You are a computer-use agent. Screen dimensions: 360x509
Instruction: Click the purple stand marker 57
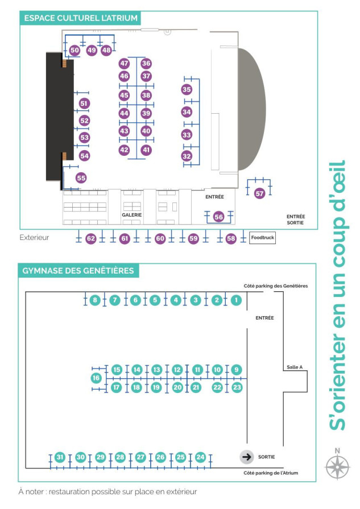(x=259, y=193)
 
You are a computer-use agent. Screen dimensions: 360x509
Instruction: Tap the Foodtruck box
(x=262, y=238)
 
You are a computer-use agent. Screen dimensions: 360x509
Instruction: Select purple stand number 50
(x=75, y=50)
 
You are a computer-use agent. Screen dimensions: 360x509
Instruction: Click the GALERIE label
(x=132, y=215)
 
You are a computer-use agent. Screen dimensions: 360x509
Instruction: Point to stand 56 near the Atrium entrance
(x=219, y=217)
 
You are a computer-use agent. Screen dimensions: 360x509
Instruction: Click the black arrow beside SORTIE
(x=247, y=457)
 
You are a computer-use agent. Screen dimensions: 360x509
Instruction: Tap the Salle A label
(x=295, y=367)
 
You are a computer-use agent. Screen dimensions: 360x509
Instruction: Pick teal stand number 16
(x=96, y=378)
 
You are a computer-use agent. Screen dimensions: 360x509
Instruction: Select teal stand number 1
(x=236, y=300)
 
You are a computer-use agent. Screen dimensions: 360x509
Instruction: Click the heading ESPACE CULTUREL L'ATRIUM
(x=81, y=18)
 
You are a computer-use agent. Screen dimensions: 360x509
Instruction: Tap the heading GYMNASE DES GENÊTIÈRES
(x=78, y=270)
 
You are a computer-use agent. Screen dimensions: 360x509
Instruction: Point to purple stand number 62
(x=91, y=239)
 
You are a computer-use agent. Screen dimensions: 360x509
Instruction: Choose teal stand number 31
(x=60, y=457)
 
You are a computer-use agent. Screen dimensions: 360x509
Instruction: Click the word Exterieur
(x=34, y=237)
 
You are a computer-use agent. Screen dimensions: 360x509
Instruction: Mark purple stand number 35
(x=187, y=90)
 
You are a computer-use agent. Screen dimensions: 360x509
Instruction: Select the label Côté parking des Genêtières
(x=276, y=285)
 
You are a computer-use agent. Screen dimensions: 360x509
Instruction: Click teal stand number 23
(x=237, y=387)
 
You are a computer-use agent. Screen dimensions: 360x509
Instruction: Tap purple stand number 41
(x=146, y=150)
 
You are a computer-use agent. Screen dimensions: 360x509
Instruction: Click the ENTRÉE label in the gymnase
(x=264, y=318)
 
